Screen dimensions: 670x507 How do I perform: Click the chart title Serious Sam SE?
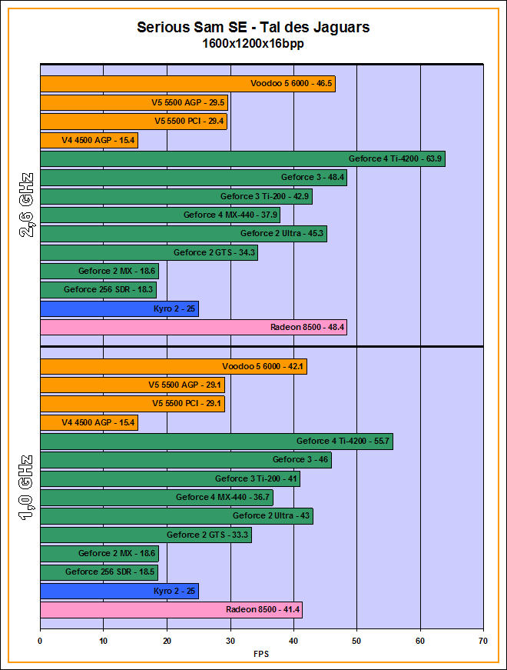(253, 28)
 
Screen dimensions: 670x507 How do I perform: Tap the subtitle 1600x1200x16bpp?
(253, 44)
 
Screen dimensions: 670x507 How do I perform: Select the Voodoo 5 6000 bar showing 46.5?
(187, 84)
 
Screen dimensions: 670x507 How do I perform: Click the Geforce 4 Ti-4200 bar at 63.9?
(242, 159)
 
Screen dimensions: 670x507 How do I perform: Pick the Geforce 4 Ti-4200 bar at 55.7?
(216, 442)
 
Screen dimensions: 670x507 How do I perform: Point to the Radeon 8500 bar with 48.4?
(193, 328)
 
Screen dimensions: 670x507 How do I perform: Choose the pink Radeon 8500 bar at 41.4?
(171, 610)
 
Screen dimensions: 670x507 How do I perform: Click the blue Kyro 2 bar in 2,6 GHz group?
(119, 309)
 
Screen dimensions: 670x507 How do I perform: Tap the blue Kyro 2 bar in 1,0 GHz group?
(119, 592)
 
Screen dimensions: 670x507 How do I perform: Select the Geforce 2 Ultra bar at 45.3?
(183, 234)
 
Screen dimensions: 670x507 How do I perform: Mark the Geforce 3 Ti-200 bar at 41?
(170, 478)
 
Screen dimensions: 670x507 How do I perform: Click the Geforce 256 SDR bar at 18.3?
(98, 290)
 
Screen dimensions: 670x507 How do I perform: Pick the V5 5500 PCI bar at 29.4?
(133, 122)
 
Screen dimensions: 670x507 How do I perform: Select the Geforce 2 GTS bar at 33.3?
(145, 535)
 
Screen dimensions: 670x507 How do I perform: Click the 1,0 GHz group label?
(27, 488)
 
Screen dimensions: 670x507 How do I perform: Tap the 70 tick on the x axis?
(483, 639)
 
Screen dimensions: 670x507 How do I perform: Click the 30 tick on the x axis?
(230, 639)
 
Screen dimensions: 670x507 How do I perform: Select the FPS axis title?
(261, 654)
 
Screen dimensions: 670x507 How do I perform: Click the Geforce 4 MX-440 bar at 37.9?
(160, 215)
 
